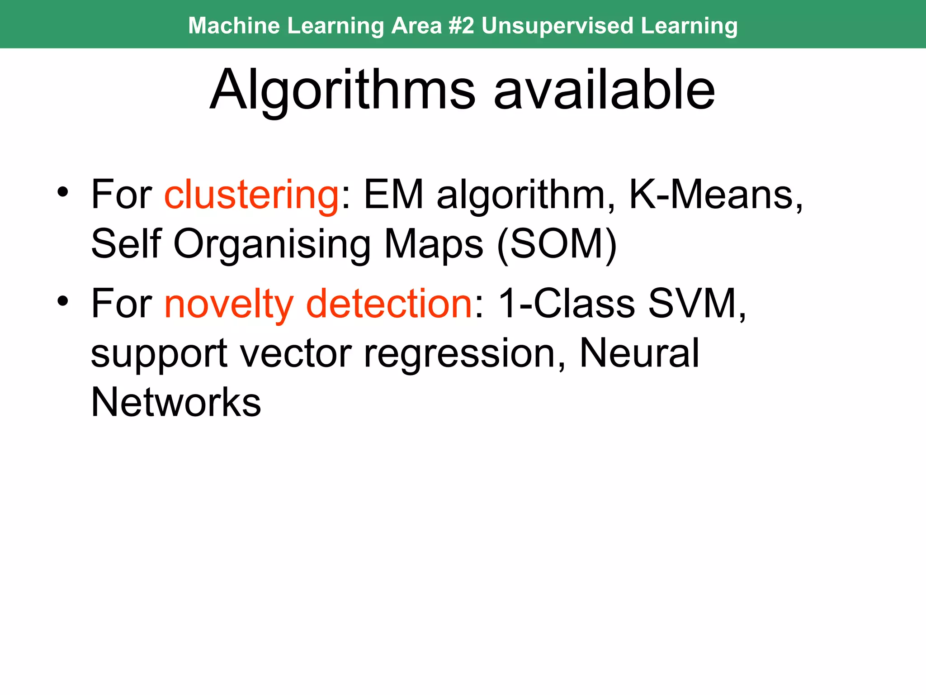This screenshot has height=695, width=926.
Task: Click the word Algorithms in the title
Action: pos(343,90)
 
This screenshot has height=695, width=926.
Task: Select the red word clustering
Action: pos(251,195)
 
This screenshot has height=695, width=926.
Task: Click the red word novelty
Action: pos(229,305)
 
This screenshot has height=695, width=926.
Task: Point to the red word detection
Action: pos(389,304)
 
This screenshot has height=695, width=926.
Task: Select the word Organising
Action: pos(272,245)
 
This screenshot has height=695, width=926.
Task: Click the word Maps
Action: pos(433,245)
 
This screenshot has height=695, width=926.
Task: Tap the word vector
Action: pos(296,353)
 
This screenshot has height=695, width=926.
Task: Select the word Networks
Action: pos(176,402)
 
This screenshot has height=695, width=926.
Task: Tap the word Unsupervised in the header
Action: pos(557,25)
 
